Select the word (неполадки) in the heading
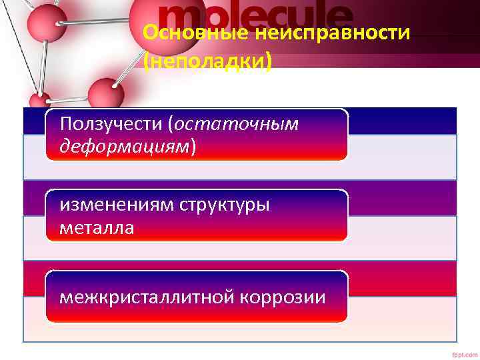(208, 61)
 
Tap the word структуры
(225, 205)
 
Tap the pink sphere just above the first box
(106, 93)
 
